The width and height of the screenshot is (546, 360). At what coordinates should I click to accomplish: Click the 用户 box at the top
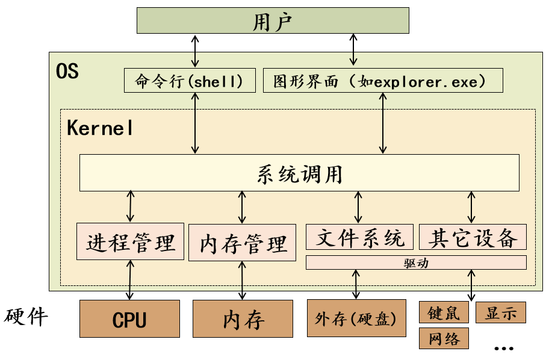(x=273, y=22)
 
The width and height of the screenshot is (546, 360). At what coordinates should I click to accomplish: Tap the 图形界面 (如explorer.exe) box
(x=383, y=81)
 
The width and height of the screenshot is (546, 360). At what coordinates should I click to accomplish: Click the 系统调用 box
(x=299, y=173)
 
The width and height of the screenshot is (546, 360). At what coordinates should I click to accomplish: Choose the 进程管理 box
(x=131, y=242)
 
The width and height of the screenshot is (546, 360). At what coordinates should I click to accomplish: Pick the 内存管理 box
(x=242, y=243)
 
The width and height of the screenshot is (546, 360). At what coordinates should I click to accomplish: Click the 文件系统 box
(x=360, y=237)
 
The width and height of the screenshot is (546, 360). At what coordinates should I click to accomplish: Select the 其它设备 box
(x=473, y=237)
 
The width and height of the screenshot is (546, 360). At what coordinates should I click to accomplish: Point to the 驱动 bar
(x=416, y=263)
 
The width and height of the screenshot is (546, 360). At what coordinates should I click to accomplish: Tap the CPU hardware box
(x=130, y=319)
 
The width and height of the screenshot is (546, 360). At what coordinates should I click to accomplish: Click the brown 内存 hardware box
(x=243, y=319)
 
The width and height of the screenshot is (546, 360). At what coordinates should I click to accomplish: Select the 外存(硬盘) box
(x=356, y=317)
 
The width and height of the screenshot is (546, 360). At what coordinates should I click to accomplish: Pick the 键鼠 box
(x=444, y=313)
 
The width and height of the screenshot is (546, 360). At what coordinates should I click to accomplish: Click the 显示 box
(x=501, y=313)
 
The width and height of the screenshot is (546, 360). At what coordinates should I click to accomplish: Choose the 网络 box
(x=444, y=338)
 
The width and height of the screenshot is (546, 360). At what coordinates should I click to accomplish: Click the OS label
(x=67, y=71)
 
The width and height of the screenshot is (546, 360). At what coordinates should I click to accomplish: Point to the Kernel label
(x=99, y=128)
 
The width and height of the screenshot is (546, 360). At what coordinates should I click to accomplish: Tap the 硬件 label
(x=27, y=316)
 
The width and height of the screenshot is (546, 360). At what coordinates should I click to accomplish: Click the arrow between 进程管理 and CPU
(x=130, y=280)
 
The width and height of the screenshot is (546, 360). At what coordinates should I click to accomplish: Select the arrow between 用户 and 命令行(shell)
(x=194, y=51)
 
